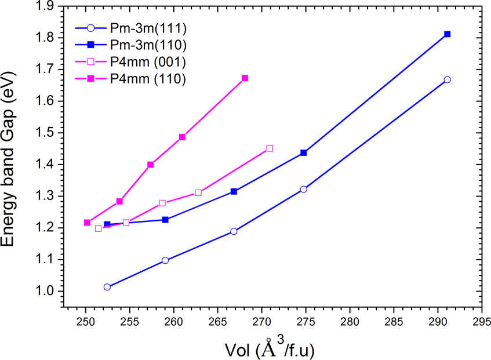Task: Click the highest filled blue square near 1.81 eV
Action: [x=447, y=34]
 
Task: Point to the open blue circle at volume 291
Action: [x=447, y=79]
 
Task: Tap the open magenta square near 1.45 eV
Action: [x=270, y=148]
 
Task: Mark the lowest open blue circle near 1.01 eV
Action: [x=107, y=287]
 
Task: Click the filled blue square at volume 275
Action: [x=303, y=152]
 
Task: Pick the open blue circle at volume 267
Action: [x=234, y=231]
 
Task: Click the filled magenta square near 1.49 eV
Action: [x=182, y=137]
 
